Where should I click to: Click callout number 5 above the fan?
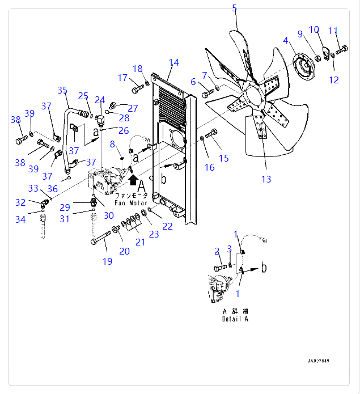coord(235,8)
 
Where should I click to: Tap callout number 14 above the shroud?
coord(173,62)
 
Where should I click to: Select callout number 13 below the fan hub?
coord(266,179)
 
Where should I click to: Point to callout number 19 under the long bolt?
coord(107,261)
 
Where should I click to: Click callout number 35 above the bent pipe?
coord(62,90)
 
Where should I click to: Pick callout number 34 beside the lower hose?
coord(20,219)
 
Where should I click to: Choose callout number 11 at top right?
coord(333,31)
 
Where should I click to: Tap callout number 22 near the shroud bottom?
coord(167,226)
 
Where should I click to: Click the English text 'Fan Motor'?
coord(131,202)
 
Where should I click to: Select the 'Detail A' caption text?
coord(235,319)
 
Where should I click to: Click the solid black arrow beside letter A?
coord(133,180)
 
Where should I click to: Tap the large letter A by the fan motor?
coord(141,186)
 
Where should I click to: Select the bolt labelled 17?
coord(138,89)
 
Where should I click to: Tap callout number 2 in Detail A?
coord(217,251)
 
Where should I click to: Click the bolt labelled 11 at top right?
coord(341,52)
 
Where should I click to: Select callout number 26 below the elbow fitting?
coord(124,131)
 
